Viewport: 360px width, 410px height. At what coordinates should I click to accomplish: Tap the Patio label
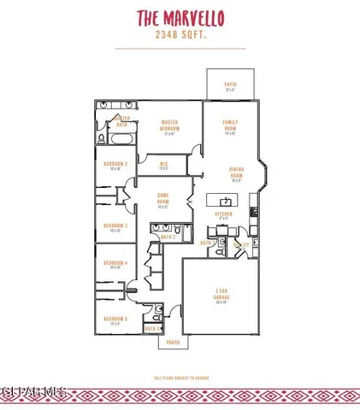click(229, 85)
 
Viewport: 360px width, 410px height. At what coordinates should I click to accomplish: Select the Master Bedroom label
click(168, 126)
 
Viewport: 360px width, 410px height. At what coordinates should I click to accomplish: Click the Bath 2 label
click(168, 237)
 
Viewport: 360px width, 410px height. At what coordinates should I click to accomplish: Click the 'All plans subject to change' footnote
click(180, 377)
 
